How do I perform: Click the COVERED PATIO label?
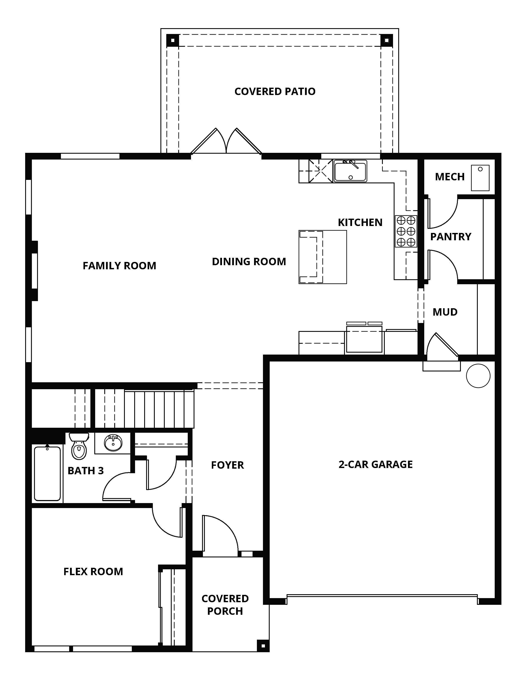pyautogui.click(x=275, y=91)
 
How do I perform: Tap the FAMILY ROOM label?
pyautogui.click(x=119, y=266)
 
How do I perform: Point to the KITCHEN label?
pyautogui.click(x=360, y=222)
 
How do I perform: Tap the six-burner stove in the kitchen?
pyautogui.click(x=406, y=231)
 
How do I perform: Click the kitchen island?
pyautogui.click(x=323, y=257)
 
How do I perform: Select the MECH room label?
pyautogui.click(x=450, y=177)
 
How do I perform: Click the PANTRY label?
pyautogui.click(x=450, y=237)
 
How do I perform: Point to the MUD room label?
pyautogui.click(x=445, y=312)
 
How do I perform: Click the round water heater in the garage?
pyautogui.click(x=478, y=376)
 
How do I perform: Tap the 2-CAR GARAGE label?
pyautogui.click(x=376, y=464)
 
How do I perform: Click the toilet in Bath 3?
pyautogui.click(x=79, y=446)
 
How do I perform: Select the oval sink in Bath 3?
pyautogui.click(x=113, y=443)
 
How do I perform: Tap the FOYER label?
pyautogui.click(x=227, y=465)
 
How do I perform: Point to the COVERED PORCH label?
pyautogui.click(x=225, y=605)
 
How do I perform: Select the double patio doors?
pyautogui.click(x=226, y=141)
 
